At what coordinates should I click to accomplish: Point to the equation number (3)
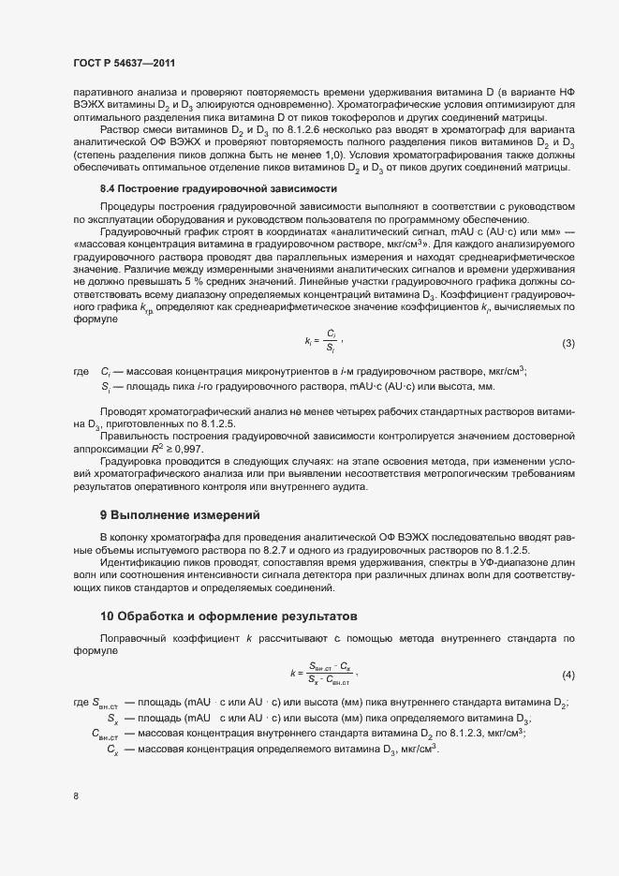coord(567,344)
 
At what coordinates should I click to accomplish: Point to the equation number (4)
coord(567,676)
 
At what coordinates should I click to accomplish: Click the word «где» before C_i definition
coord(81,372)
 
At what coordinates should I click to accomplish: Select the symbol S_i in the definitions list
coord(106,387)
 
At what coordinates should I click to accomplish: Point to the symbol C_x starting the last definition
coord(112,751)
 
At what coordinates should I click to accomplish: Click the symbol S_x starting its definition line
coord(112,720)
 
